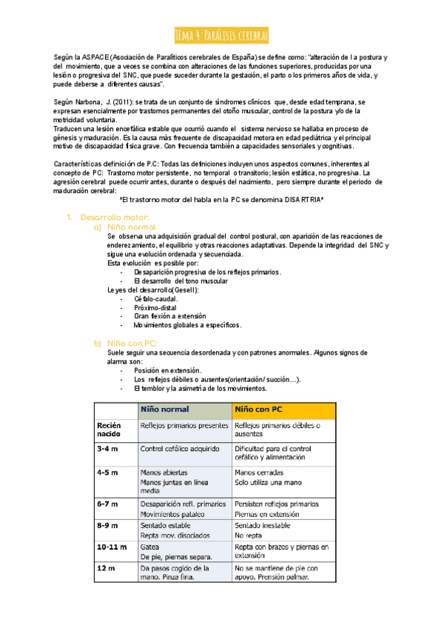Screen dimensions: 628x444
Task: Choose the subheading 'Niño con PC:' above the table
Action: [132, 343]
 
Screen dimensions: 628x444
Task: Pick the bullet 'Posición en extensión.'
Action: [168, 370]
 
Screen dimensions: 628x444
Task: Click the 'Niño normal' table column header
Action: [165, 409]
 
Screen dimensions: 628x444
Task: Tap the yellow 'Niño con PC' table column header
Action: [258, 409]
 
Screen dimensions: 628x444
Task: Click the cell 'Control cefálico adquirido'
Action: [180, 449]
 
